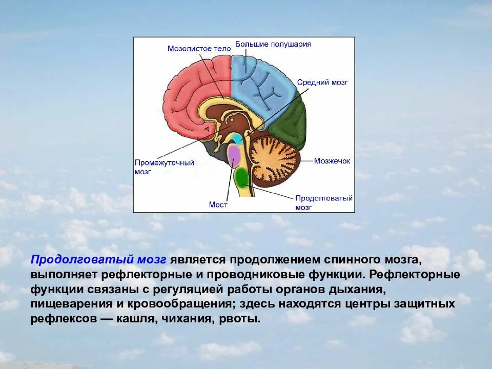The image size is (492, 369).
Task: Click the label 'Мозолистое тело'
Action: point(196,49)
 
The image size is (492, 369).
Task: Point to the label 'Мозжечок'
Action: point(332,161)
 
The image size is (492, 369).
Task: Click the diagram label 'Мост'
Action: point(218,204)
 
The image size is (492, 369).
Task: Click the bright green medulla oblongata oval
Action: point(241,177)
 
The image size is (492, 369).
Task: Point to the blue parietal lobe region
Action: point(261,82)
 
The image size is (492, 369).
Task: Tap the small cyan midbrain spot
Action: point(237,138)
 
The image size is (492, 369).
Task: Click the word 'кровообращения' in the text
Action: point(182,304)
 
